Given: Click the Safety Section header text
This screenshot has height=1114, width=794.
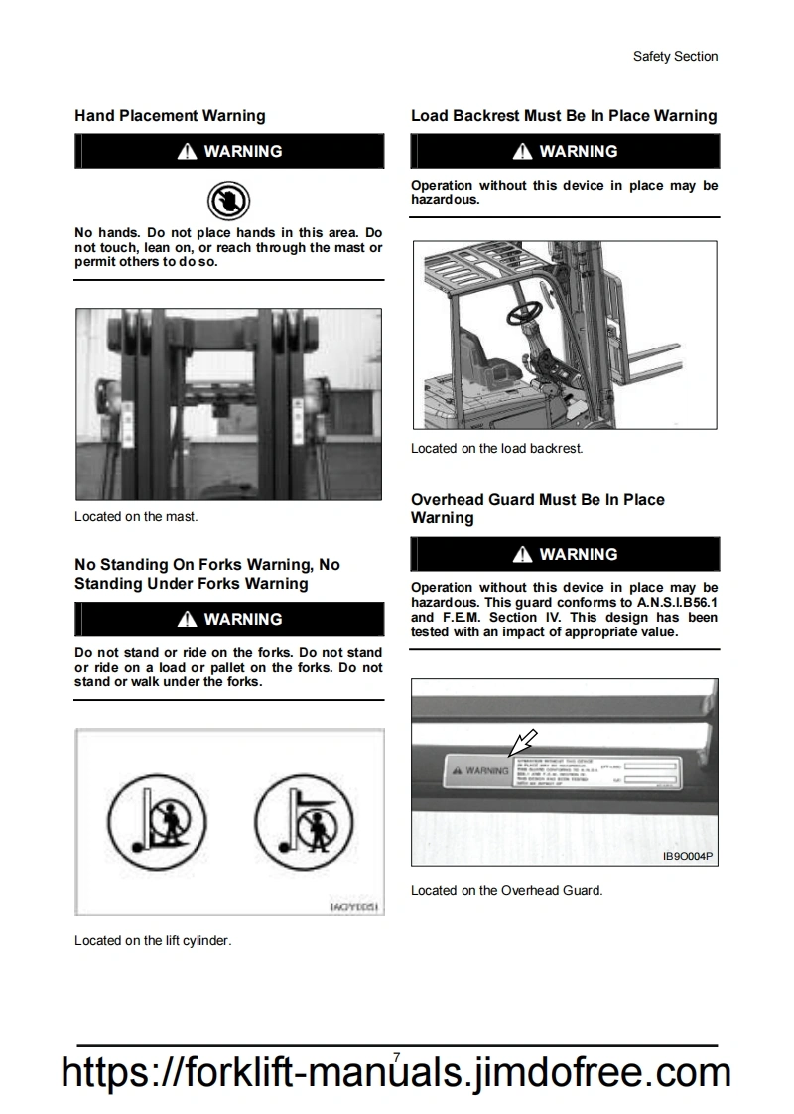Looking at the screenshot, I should pyautogui.click(x=675, y=57).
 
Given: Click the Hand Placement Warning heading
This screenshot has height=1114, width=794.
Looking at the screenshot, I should pyautogui.click(x=170, y=116).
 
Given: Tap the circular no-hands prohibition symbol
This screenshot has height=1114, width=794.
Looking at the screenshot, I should pyautogui.click(x=228, y=201).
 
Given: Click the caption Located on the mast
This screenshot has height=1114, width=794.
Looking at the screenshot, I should pyautogui.click(x=136, y=516).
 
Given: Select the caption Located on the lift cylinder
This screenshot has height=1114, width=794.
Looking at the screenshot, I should pyautogui.click(x=153, y=940).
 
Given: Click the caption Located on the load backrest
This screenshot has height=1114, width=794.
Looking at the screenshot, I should pyautogui.click(x=496, y=448).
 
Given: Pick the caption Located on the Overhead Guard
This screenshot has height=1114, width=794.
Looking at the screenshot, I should pyautogui.click(x=506, y=890).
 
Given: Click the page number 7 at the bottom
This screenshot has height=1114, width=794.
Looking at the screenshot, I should pyautogui.click(x=397, y=1058).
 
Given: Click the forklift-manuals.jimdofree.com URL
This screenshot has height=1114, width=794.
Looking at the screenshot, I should pyautogui.click(x=397, y=1074).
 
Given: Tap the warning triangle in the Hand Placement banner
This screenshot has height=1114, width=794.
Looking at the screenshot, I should pyautogui.click(x=187, y=152).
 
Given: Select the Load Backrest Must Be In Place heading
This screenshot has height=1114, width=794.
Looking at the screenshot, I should pyautogui.click(x=564, y=116).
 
